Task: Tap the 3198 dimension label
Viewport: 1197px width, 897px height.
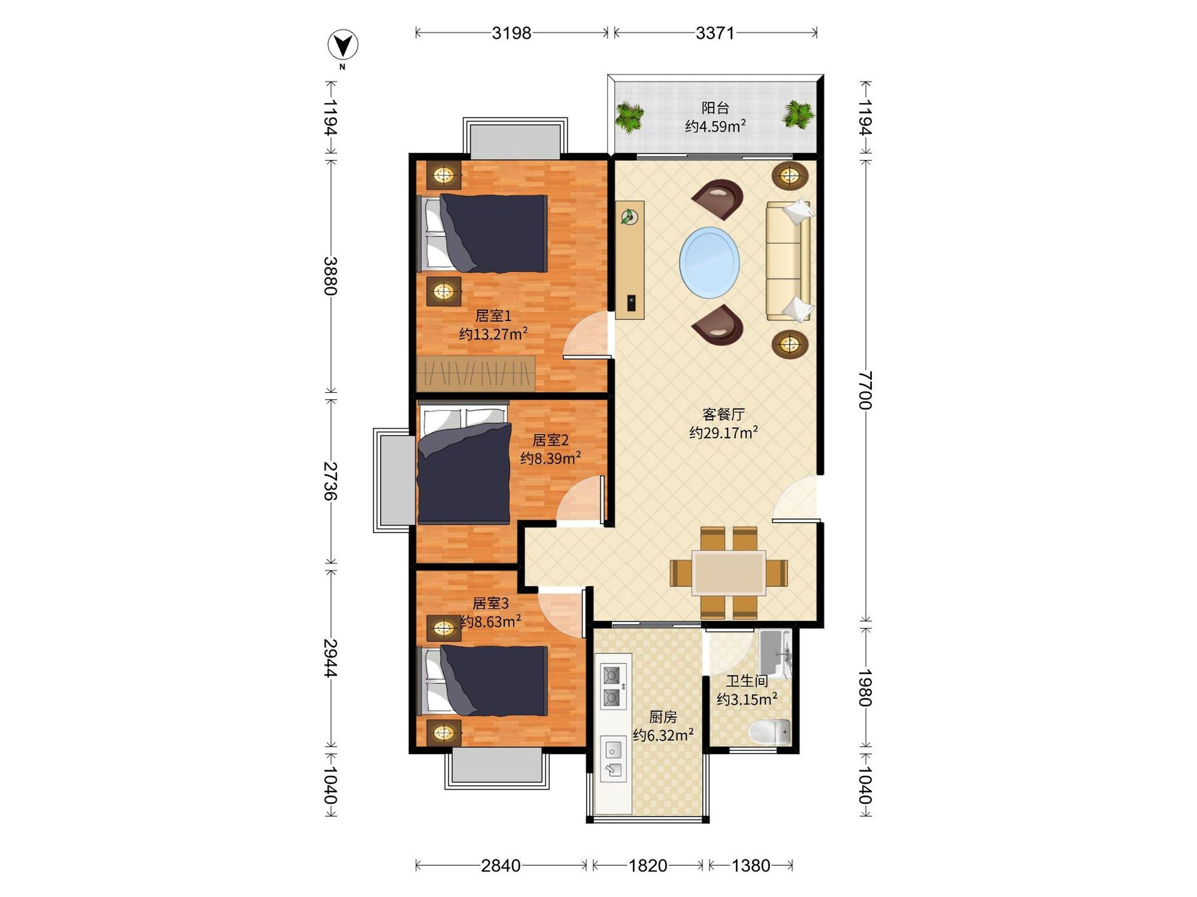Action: pos(511,33)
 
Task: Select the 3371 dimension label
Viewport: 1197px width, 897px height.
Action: pos(715,33)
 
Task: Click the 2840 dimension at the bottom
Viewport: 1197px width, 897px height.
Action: pos(501,866)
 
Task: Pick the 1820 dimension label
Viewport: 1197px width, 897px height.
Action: pos(648,866)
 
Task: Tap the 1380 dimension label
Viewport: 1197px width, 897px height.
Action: pos(751,866)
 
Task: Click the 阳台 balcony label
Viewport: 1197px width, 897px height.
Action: pos(715,108)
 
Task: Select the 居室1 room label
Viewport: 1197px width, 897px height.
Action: pos(493,316)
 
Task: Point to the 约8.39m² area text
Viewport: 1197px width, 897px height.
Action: pos(550,458)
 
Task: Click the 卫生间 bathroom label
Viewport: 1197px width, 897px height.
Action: pos(747,681)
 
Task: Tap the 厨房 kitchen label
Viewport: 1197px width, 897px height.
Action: pos(663,717)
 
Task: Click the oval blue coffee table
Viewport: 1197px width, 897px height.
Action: pos(709,262)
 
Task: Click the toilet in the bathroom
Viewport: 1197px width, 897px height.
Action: pos(770,733)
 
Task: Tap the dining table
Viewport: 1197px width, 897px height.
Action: pos(729,573)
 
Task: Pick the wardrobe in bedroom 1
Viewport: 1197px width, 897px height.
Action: pos(476,373)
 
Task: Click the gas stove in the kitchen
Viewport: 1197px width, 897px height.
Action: pos(613,687)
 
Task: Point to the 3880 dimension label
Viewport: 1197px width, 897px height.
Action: pos(331,276)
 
